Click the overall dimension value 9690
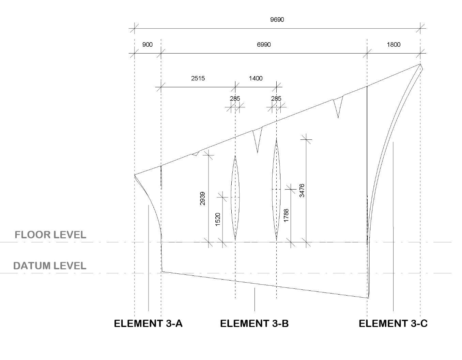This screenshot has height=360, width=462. [x=277, y=19]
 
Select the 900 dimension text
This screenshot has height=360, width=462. [x=147, y=45]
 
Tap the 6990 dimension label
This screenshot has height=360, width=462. [x=264, y=45]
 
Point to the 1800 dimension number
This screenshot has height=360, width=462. [x=394, y=45]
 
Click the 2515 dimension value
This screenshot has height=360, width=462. [x=198, y=78]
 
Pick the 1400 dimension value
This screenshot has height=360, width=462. [x=256, y=78]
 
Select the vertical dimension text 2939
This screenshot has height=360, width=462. [x=202, y=198]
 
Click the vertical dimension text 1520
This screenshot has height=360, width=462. [x=218, y=219]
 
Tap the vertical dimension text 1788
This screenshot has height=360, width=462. [x=286, y=215]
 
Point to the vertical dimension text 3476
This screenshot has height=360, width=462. [x=302, y=191]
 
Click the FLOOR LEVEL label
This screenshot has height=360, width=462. [x=50, y=235]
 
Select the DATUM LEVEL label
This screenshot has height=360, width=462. [x=49, y=266]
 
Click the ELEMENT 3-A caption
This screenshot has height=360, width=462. [x=148, y=324]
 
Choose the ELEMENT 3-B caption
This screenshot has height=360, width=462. [x=254, y=324]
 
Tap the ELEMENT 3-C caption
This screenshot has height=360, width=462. [x=393, y=324]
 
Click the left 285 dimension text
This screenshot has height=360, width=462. [x=235, y=99]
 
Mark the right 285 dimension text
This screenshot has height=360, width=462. [x=276, y=99]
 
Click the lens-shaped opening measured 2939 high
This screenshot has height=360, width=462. [x=235, y=198]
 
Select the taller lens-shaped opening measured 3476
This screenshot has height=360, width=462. [x=276, y=189]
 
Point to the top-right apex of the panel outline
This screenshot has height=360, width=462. [x=420, y=64]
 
